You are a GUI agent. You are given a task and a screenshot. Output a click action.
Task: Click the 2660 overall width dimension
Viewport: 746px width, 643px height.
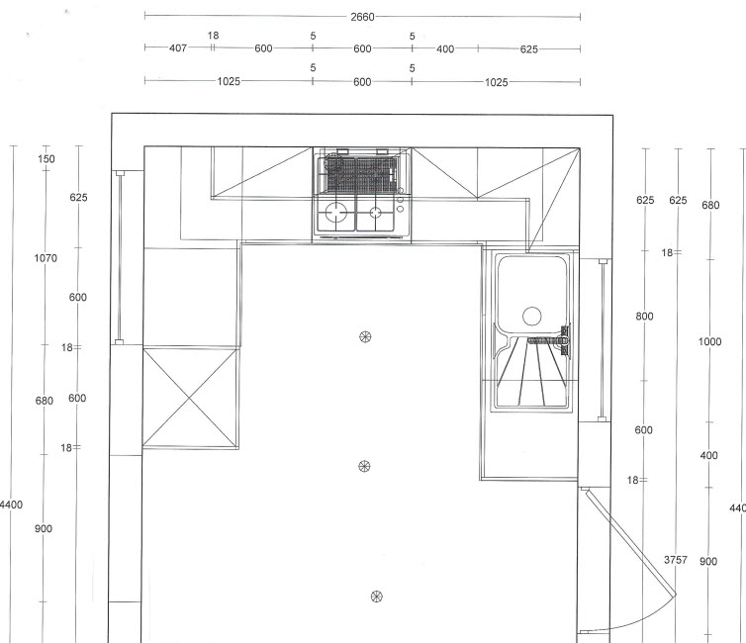(362, 17)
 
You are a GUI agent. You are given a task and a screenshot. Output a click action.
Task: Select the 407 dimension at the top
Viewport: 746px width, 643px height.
(178, 48)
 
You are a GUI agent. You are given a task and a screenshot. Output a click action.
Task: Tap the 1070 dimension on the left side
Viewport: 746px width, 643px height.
(46, 258)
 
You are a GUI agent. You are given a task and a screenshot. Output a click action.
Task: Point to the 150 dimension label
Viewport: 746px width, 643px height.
(47, 159)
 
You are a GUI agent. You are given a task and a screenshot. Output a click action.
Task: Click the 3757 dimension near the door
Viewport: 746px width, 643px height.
(676, 560)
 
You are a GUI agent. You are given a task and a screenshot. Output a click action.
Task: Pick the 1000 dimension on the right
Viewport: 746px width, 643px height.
(709, 341)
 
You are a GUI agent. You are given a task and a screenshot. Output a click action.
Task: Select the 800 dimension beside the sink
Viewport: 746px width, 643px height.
(645, 317)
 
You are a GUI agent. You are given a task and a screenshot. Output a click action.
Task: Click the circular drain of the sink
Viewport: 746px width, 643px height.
(532, 317)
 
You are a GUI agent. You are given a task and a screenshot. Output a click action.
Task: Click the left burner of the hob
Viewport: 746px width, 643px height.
(336, 212)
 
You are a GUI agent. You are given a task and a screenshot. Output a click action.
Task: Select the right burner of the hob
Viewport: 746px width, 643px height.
(375, 212)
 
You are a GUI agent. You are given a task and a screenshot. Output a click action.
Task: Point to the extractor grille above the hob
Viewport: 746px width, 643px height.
(360, 173)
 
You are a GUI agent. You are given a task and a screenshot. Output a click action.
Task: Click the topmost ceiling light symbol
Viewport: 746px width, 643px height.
(365, 337)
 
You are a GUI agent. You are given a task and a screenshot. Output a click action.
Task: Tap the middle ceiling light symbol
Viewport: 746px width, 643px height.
(364, 467)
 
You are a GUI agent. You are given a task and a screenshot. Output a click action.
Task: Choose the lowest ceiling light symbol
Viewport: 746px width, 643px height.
(376, 596)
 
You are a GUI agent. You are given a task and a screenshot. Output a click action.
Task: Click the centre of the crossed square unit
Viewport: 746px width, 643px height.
(190, 398)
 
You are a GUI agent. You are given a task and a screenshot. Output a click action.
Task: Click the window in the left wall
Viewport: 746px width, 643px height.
(120, 257)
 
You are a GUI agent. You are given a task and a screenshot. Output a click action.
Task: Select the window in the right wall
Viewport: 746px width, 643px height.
(603, 340)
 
